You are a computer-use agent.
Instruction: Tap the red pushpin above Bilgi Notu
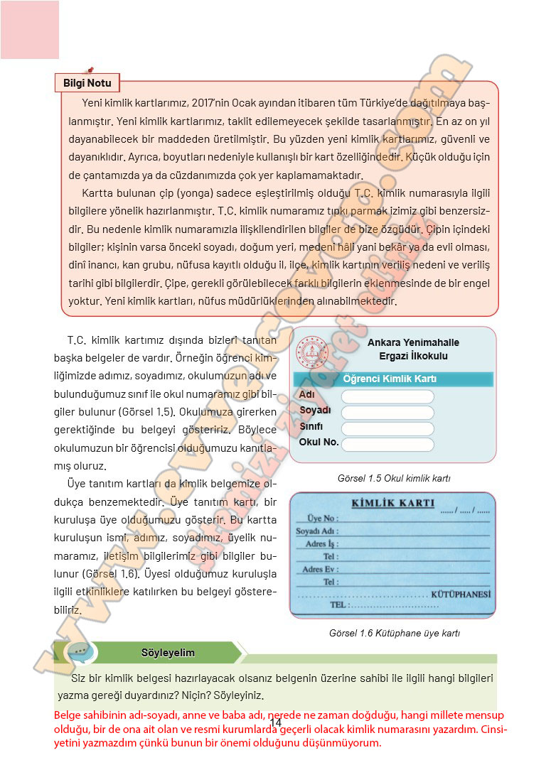coord(90,70)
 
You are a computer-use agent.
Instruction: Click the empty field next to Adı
coord(387,396)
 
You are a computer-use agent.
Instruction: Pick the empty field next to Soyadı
coord(387,413)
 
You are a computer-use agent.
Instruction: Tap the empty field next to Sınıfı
coord(387,428)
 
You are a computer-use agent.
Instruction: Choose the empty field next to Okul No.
coord(387,445)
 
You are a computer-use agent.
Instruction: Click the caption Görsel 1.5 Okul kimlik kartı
coord(394,479)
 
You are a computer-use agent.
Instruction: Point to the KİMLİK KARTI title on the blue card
coord(393,504)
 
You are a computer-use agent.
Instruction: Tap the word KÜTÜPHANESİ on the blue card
coord(461,594)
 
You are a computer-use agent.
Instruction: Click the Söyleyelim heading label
coord(168,653)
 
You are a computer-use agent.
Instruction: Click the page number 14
coord(276,723)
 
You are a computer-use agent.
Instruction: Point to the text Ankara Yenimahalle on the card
coord(413,342)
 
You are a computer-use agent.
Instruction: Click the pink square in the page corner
coord(30,30)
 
